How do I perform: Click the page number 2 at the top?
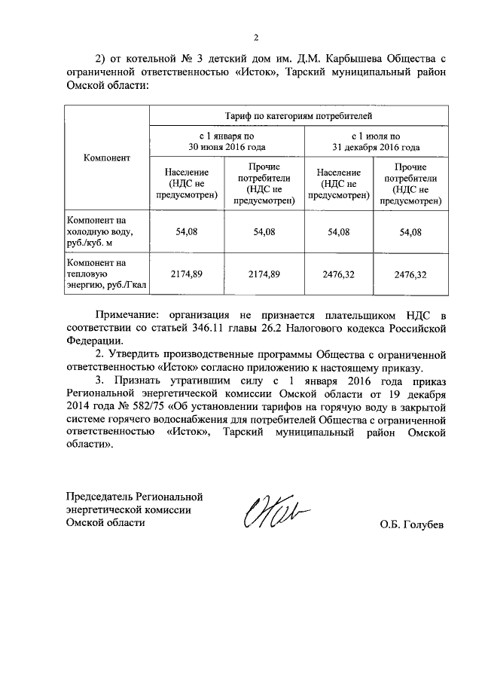tap(255, 37)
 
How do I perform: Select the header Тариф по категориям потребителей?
tap(299, 116)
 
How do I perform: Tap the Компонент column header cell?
tap(107, 158)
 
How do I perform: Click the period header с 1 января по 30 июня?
tap(227, 141)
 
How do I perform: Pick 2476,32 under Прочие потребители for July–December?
tap(410, 274)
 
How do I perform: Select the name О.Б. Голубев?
tap(412, 524)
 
